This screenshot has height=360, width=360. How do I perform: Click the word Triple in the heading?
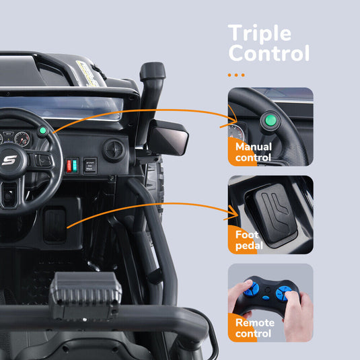[260, 33]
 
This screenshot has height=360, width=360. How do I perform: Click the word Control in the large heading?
[268, 53]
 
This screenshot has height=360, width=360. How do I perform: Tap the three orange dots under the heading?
[236, 75]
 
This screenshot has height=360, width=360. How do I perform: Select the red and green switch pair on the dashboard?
[72, 166]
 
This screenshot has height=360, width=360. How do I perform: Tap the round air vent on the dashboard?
[113, 149]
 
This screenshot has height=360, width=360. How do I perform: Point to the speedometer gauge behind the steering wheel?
[22, 139]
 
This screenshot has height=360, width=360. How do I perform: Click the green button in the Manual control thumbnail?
[270, 121]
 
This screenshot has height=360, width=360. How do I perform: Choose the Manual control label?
[253, 152]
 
